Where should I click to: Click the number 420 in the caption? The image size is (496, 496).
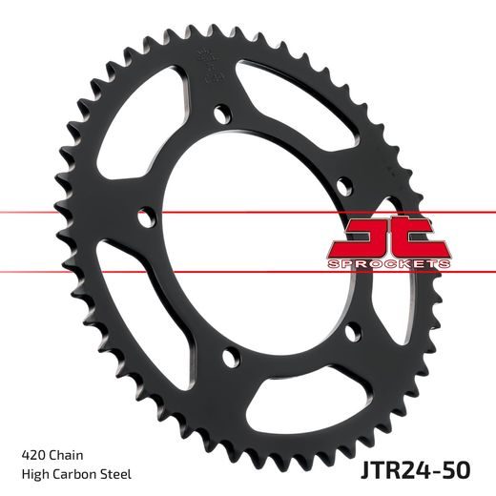tap(30, 453)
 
